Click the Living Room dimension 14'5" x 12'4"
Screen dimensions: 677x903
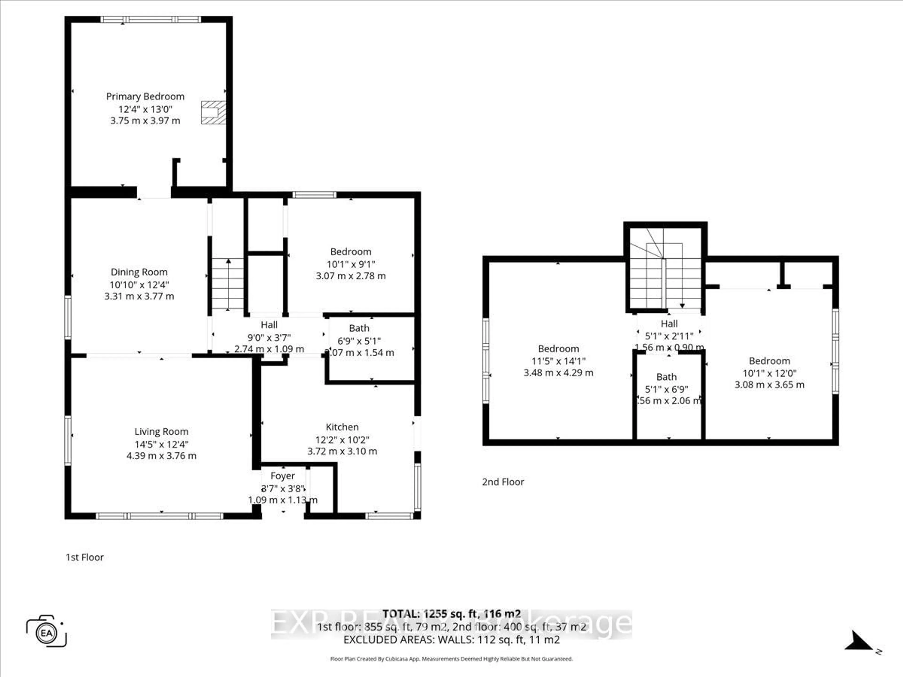(x=161, y=444)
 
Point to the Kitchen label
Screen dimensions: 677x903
(x=342, y=427)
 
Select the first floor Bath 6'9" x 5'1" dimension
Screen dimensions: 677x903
(x=359, y=341)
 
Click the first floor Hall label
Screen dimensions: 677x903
(x=269, y=325)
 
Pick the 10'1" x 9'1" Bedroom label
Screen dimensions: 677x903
(x=351, y=252)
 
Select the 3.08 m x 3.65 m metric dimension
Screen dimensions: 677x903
(x=769, y=385)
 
